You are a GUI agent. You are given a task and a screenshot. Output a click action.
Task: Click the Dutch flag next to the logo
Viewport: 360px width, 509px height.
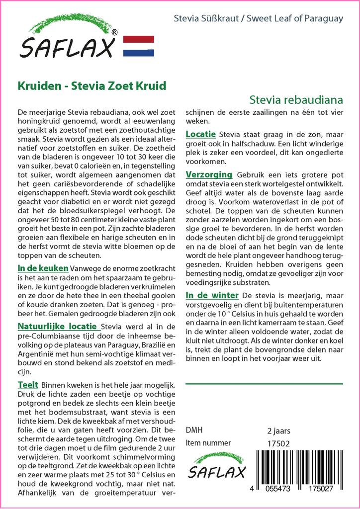pyautogui.click(x=138, y=45)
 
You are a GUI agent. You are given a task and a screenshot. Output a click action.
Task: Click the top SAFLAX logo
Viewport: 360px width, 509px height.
pyautogui.click(x=69, y=40)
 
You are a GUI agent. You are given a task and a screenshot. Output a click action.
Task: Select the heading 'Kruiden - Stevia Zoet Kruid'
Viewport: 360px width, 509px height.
pyautogui.click(x=92, y=85)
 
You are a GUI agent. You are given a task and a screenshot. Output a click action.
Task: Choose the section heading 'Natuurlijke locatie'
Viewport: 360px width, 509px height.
pyautogui.click(x=57, y=327)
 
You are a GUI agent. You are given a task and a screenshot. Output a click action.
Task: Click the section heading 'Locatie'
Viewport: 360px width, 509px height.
pyautogui.click(x=200, y=134)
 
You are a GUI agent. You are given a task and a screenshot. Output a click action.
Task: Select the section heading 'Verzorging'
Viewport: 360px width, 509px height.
pyautogui.click(x=209, y=174)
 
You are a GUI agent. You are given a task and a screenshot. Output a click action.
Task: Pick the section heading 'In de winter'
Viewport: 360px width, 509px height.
pyautogui.click(x=212, y=295)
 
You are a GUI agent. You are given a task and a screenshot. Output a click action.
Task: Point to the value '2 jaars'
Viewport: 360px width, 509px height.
pyautogui.click(x=278, y=430)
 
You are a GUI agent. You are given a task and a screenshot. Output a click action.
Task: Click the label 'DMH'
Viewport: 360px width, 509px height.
pyautogui.click(x=194, y=430)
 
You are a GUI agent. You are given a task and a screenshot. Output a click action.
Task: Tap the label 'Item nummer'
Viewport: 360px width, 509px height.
pyautogui.click(x=208, y=443)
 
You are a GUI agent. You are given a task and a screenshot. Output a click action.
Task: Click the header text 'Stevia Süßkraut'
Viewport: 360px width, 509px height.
pyautogui.click(x=203, y=19)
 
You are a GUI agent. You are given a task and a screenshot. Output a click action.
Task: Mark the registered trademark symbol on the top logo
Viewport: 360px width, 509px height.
pyautogui.click(x=115, y=33)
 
